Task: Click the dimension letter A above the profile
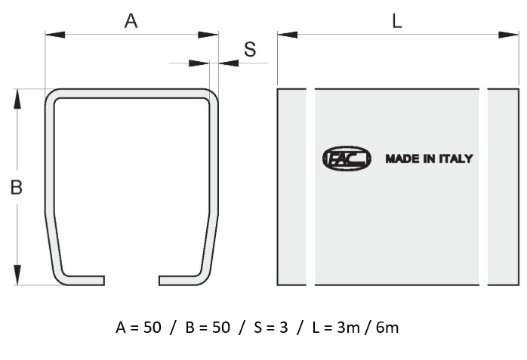[x=131, y=21]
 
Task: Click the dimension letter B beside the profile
[x=16, y=187]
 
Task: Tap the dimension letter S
[x=250, y=49]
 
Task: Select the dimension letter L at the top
[x=397, y=21]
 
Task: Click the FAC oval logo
[x=347, y=158]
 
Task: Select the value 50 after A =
[x=153, y=328]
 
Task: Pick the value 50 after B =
[x=221, y=328]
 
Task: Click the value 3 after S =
[x=284, y=328]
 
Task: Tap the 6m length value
[x=387, y=328]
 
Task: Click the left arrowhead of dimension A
[x=55, y=35]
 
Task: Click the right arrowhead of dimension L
[x=508, y=35]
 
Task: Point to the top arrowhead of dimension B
[x=17, y=99]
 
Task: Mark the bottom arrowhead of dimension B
[x=17, y=275]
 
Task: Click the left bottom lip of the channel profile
[x=84, y=281]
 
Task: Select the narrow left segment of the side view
[x=291, y=187]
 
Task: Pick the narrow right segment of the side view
[x=503, y=187]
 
